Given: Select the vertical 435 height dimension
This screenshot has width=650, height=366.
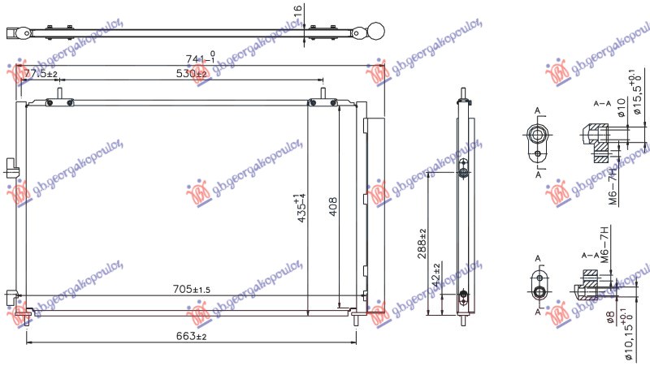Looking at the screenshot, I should (x=301, y=208).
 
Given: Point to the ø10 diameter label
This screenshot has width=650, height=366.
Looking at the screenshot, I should (x=621, y=108).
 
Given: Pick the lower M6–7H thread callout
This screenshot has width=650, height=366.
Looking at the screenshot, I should (x=603, y=243).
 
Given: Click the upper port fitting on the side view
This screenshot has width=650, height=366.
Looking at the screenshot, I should (x=463, y=172).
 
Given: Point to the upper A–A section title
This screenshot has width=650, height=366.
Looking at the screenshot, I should (x=602, y=105).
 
